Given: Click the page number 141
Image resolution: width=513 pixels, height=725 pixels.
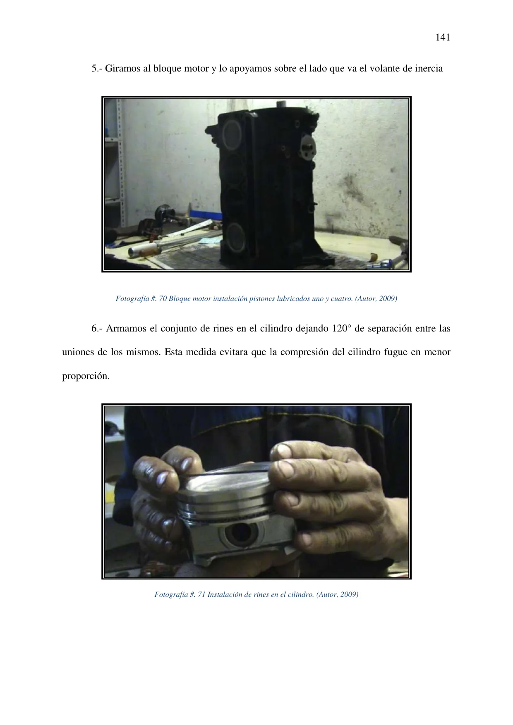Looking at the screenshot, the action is pyautogui.click(x=443, y=38).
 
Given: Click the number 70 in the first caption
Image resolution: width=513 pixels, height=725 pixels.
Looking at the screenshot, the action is pyautogui.click(x=163, y=298).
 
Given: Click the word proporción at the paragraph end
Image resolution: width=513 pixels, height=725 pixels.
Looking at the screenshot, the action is pyautogui.click(x=86, y=377).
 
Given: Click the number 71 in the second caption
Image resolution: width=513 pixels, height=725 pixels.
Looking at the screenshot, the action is pyautogui.click(x=201, y=595).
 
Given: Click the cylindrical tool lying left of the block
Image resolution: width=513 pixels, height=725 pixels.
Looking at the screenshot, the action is pyautogui.click(x=143, y=249).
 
